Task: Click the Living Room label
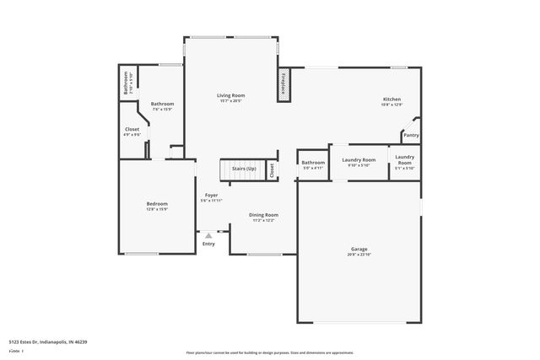tap(231, 96)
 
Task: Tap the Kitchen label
tap(391, 99)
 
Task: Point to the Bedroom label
tap(157, 203)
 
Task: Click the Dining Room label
tap(263, 215)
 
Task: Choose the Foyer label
tap(210, 195)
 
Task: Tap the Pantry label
tap(411, 135)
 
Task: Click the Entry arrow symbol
tap(208, 235)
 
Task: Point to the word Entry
tap(208, 244)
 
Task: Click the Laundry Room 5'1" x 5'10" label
tap(404, 159)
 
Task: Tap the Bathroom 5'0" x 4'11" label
tap(314, 162)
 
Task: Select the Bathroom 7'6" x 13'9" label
tap(162, 104)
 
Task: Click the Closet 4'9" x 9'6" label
tap(132, 129)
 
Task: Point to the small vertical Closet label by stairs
tap(272, 169)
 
